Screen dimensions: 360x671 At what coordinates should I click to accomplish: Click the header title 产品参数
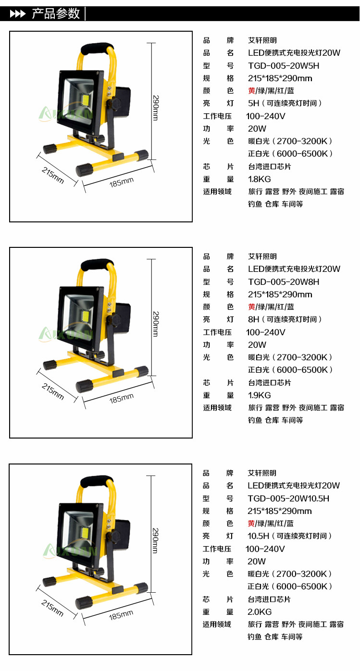pyautogui.click(x=56, y=14)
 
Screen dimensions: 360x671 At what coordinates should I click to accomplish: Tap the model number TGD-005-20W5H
pyautogui.click(x=284, y=66)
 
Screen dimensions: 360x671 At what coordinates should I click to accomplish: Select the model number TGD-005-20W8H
pyautogui.click(x=284, y=282)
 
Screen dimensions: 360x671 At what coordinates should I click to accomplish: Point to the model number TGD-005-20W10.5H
pyautogui.click(x=288, y=499)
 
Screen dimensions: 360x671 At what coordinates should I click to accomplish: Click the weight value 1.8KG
pyautogui.click(x=259, y=179)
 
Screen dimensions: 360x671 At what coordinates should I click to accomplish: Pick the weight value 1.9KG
pyautogui.click(x=259, y=395)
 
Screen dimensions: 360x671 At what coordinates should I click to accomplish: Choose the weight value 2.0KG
pyautogui.click(x=260, y=612)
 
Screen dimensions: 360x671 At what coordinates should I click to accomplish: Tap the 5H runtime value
pyautogui.click(x=253, y=103)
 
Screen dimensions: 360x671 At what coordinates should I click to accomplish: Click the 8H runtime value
pyautogui.click(x=253, y=319)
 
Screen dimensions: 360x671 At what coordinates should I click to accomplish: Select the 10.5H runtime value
pyautogui.click(x=258, y=536)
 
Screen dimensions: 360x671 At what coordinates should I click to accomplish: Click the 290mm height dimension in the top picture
pyautogui.click(x=156, y=108)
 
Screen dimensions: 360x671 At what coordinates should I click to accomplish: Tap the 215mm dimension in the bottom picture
pyautogui.click(x=52, y=608)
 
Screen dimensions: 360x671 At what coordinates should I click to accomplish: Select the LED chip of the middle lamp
pyautogui.click(x=86, y=316)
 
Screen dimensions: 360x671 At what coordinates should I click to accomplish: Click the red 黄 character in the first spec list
pyautogui.click(x=251, y=91)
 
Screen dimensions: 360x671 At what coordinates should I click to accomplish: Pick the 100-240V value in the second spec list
pyautogui.click(x=266, y=332)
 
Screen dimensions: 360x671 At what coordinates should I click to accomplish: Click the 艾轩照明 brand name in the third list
pyautogui.click(x=262, y=473)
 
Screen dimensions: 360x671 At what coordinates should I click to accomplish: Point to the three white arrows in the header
pyautogui.click(x=18, y=14)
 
